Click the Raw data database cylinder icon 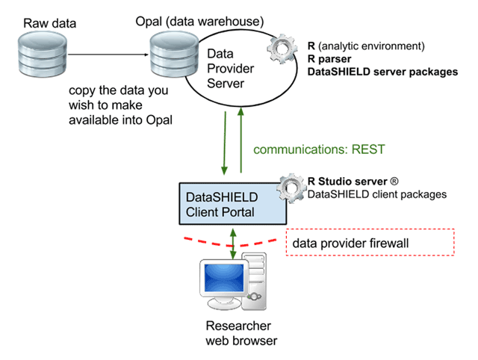[x=43, y=55]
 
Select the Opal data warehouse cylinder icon [x=174, y=55]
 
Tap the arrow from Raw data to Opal [x=108, y=55]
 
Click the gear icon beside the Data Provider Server [x=282, y=49]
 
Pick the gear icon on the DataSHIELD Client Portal [x=292, y=187]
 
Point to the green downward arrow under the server [x=225, y=143]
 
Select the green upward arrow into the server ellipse [x=240, y=140]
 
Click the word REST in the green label [x=368, y=149]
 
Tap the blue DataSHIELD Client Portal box [x=232, y=204]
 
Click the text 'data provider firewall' [x=350, y=243]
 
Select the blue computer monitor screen [x=224, y=278]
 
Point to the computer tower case [x=254, y=282]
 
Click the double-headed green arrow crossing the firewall [x=233, y=244]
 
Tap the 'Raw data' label [x=50, y=23]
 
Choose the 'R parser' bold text [x=329, y=59]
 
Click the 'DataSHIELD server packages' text [x=382, y=72]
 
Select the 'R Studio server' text [x=347, y=181]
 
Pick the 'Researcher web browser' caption [x=241, y=333]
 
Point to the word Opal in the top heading [x=149, y=22]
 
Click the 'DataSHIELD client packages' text [x=377, y=194]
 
